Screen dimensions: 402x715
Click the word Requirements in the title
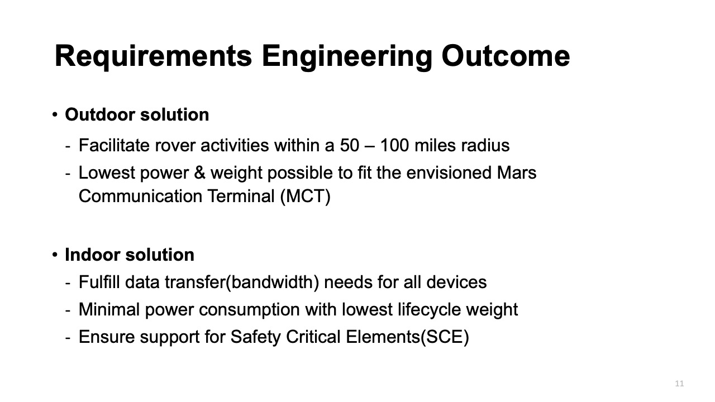[153, 56]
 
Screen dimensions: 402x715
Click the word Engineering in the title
[347, 56]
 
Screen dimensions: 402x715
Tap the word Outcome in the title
[506, 56]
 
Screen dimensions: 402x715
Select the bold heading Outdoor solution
[137, 114]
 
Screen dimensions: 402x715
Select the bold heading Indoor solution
[130, 255]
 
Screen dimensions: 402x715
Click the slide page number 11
[679, 384]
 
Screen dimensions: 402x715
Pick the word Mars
[517, 173]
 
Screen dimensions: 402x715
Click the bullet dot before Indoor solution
[55, 255]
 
